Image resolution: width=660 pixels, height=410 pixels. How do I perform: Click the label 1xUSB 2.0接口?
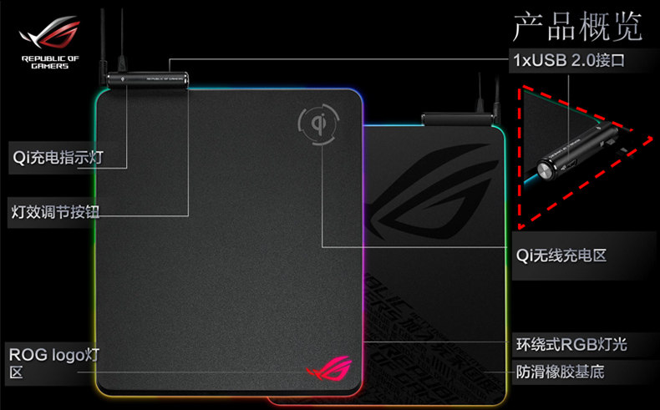pyautogui.click(x=567, y=60)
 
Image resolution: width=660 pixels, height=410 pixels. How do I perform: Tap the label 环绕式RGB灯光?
pyautogui.click(x=571, y=344)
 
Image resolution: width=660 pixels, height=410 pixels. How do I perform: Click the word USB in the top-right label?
pyautogui.click(x=552, y=60)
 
